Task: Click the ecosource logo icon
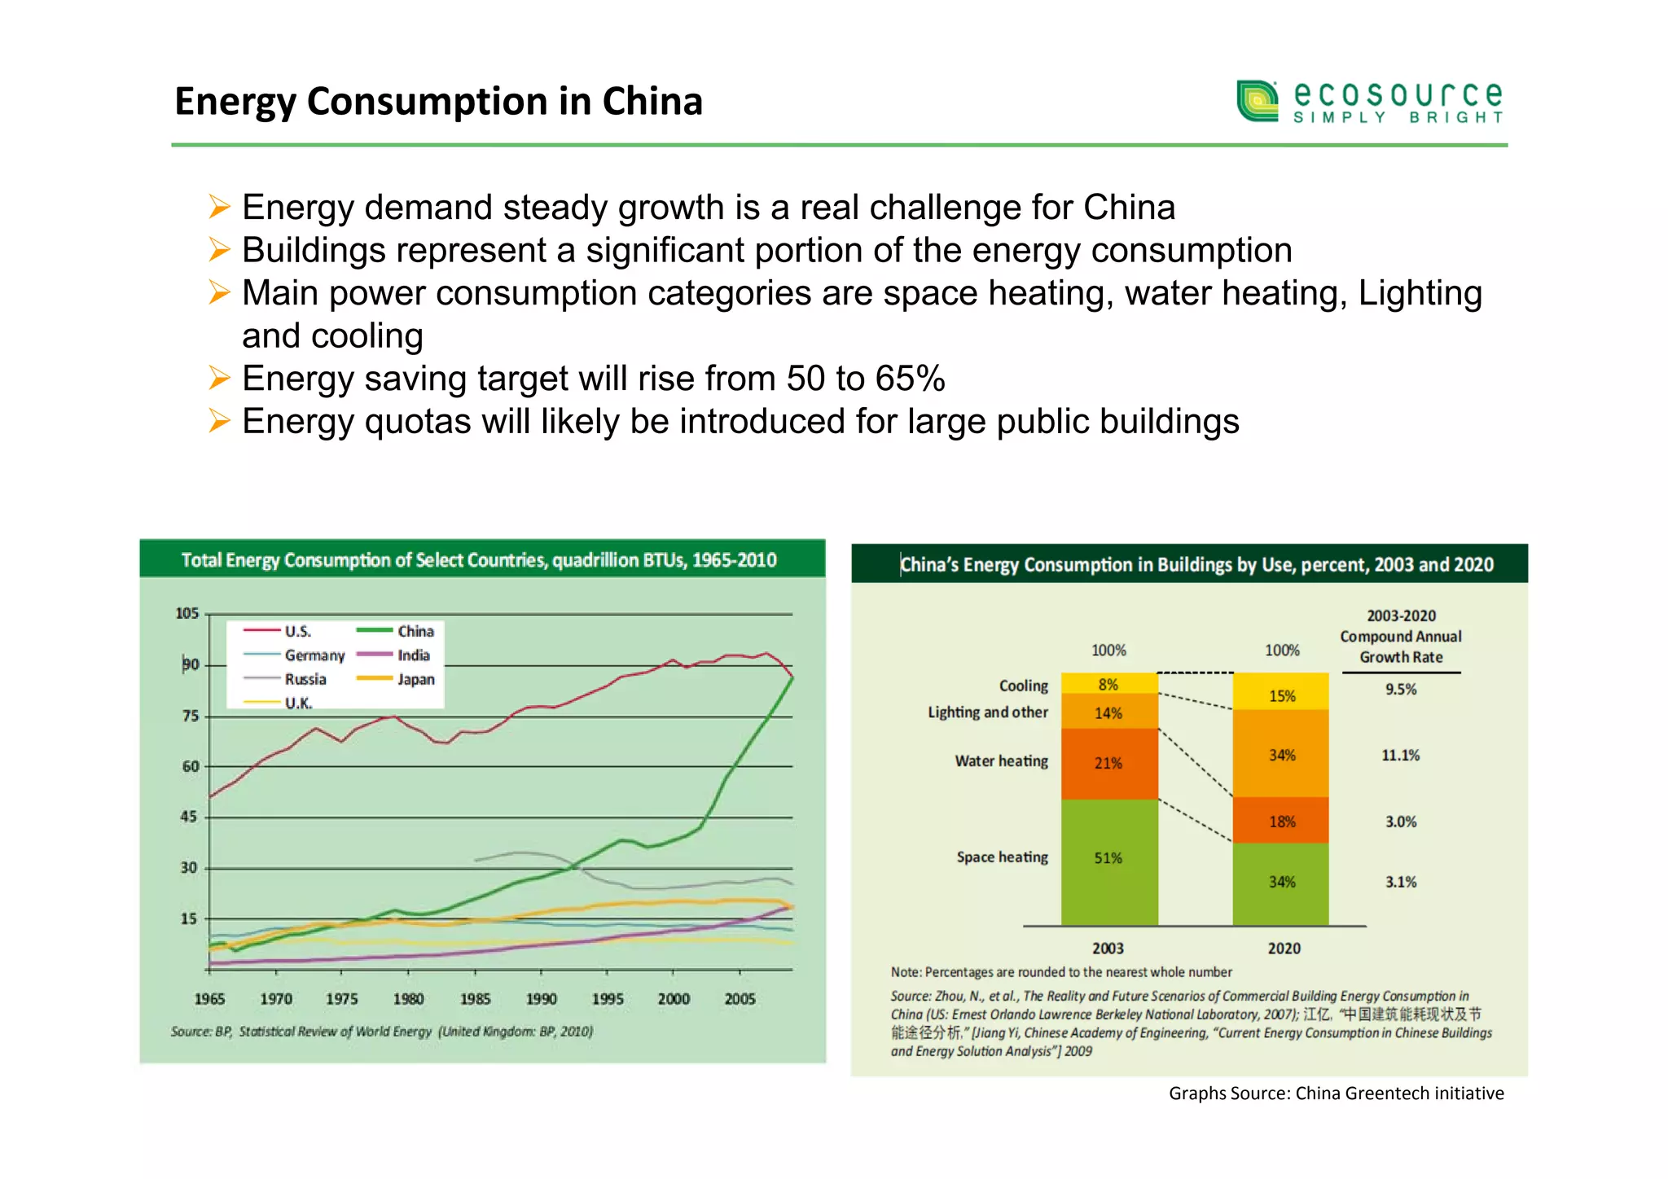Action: [x=1257, y=101]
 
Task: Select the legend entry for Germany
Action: [x=314, y=655]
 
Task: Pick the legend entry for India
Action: [x=413, y=655]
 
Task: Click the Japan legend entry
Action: [x=415, y=679]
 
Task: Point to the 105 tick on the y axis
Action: [x=187, y=613]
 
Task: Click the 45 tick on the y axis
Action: [x=188, y=817]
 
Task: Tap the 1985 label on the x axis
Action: [x=475, y=999]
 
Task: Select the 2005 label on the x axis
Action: [x=740, y=999]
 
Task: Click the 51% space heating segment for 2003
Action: [x=1108, y=859]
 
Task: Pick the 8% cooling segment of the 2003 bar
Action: [x=1108, y=684]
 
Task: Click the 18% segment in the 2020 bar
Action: [x=1281, y=822]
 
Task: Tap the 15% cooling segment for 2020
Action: [x=1281, y=695]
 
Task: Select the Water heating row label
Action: [x=1001, y=761]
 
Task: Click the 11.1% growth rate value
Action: [x=1400, y=756]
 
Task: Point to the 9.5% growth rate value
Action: [x=1400, y=690]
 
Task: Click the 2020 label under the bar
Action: [x=1284, y=949]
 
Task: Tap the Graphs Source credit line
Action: [x=1336, y=1094]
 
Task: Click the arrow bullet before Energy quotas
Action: [x=219, y=421]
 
